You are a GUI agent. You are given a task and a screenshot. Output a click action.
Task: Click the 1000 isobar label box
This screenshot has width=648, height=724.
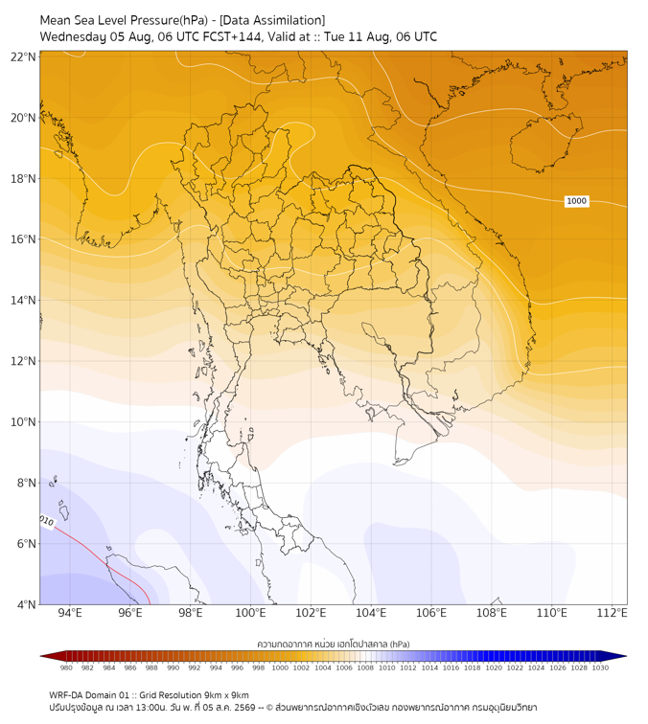[x=576, y=201]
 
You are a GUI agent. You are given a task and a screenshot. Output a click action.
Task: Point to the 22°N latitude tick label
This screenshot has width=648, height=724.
[x=23, y=57]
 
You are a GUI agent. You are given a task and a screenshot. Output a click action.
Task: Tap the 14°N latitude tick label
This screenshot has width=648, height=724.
[x=23, y=300]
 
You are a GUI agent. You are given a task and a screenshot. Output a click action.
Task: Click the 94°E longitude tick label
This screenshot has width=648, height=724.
[x=70, y=613]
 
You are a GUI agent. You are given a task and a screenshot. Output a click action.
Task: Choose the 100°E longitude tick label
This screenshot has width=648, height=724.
[x=250, y=613]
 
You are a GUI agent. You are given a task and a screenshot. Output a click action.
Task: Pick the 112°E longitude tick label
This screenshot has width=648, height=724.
[x=612, y=613]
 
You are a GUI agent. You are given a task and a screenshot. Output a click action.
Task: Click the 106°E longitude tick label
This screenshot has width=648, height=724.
[x=431, y=613]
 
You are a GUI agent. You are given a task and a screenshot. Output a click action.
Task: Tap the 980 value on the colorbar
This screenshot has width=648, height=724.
[x=66, y=667]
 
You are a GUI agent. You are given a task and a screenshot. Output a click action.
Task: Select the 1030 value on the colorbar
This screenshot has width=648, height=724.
[x=600, y=667]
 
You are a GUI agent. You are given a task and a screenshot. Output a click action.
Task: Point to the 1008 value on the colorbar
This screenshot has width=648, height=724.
[x=365, y=667]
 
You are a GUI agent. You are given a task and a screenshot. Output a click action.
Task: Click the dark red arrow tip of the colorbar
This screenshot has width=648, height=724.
[x=41, y=656]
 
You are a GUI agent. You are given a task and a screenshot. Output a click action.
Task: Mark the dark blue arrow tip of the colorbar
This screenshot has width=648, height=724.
[x=626, y=656]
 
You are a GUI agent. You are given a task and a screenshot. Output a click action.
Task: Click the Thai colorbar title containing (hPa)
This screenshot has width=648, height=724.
[x=334, y=644]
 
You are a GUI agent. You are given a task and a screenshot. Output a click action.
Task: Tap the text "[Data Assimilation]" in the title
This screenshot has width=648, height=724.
[x=272, y=20]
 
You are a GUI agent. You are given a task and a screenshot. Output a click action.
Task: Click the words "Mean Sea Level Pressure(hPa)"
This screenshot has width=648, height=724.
[x=124, y=20]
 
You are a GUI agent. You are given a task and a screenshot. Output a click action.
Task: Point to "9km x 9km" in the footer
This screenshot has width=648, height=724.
[x=226, y=695]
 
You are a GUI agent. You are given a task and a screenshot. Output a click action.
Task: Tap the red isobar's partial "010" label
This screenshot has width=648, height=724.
[x=47, y=521]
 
